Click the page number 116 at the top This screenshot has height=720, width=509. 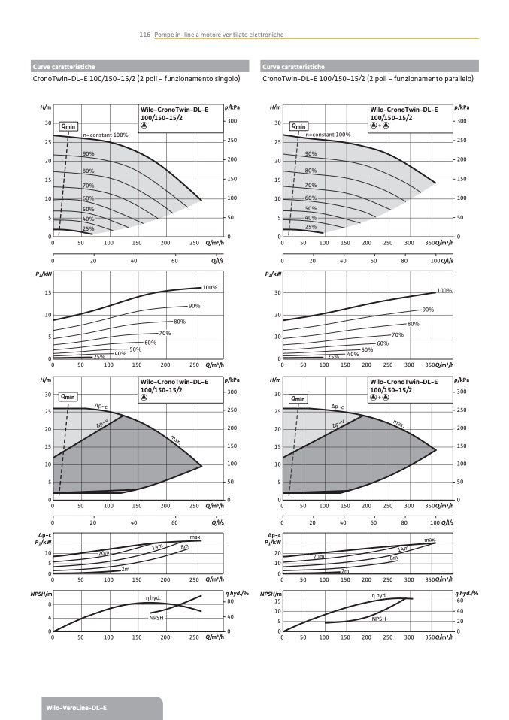click(x=146, y=34)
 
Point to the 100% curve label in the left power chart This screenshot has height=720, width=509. click(x=210, y=288)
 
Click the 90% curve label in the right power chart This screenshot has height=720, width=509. click(x=428, y=310)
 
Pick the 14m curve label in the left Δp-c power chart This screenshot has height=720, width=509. click(x=157, y=546)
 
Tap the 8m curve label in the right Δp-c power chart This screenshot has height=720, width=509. click(x=393, y=558)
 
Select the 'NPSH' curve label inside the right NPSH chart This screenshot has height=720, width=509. click(x=379, y=619)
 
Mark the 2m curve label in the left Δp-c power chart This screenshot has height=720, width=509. click(x=126, y=570)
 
